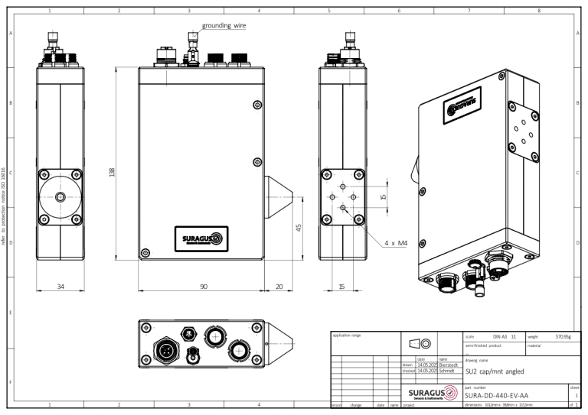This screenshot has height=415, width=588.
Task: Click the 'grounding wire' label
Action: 224,25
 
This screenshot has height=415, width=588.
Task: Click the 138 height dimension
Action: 113,173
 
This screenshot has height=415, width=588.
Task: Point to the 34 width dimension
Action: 60,287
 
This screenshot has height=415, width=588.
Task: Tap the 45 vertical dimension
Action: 299,227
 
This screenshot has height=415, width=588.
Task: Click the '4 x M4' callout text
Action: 396,243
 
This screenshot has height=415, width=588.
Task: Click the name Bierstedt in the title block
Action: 448,365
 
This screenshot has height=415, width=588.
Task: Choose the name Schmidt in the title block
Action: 446,371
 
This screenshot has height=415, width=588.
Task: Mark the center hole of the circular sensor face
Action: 60,196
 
